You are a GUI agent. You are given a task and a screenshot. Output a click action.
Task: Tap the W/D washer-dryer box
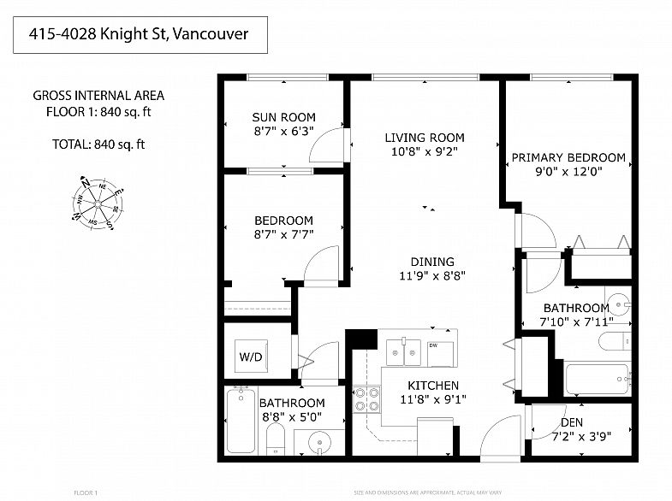point(249,354)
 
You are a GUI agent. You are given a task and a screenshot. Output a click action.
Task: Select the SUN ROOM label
point(283,117)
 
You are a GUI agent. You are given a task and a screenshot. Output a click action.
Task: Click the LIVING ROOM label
point(424,137)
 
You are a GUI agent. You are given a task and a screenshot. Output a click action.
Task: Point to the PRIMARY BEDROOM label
point(568,157)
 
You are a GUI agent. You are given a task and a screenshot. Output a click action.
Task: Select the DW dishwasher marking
point(434,345)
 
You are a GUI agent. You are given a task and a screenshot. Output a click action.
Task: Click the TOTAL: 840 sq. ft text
point(97,144)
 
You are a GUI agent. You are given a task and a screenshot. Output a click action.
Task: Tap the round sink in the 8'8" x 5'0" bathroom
point(318,444)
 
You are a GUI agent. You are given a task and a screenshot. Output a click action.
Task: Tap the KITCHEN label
point(433,386)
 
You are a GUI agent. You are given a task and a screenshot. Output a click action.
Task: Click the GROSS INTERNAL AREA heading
point(98,96)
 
